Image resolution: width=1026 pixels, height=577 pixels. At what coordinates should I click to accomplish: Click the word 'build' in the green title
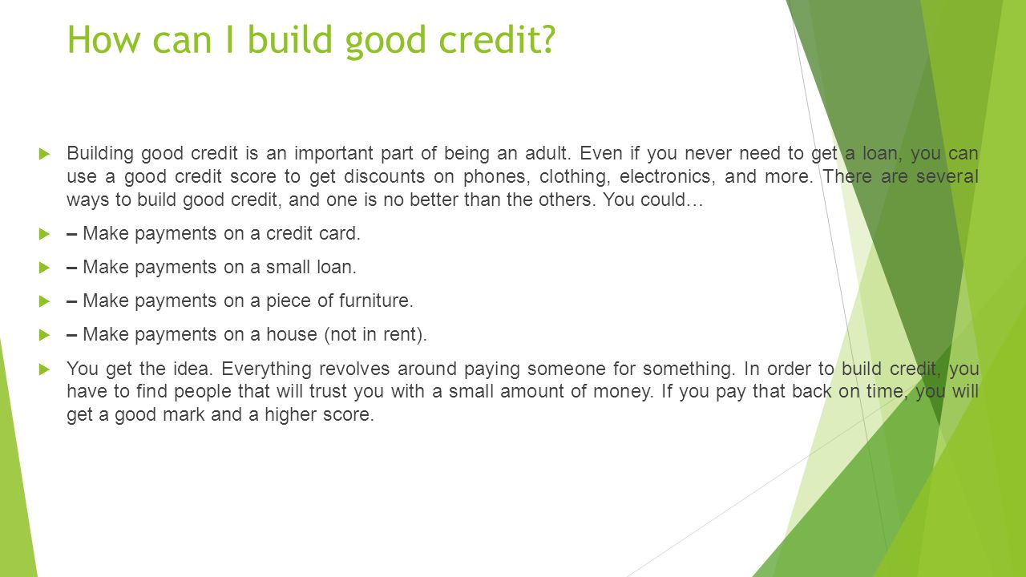pyautogui.click(x=290, y=38)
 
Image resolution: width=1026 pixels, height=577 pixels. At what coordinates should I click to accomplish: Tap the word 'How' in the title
pyautogui.click(x=103, y=39)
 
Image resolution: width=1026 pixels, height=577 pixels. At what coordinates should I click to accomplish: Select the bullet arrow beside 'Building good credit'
pyautogui.click(x=44, y=153)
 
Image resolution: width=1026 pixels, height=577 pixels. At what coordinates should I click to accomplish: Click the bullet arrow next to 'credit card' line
pyautogui.click(x=44, y=234)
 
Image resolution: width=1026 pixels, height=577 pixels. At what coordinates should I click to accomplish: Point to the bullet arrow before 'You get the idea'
pyautogui.click(x=44, y=369)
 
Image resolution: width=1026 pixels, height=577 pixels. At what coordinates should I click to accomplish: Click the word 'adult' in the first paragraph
pyautogui.click(x=546, y=153)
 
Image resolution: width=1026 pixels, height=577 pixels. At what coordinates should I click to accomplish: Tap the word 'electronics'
pyautogui.click(x=665, y=176)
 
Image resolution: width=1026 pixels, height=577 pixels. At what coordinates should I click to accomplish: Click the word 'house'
pyautogui.click(x=292, y=334)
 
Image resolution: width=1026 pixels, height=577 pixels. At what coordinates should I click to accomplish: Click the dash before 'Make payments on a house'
pyautogui.click(x=71, y=335)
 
